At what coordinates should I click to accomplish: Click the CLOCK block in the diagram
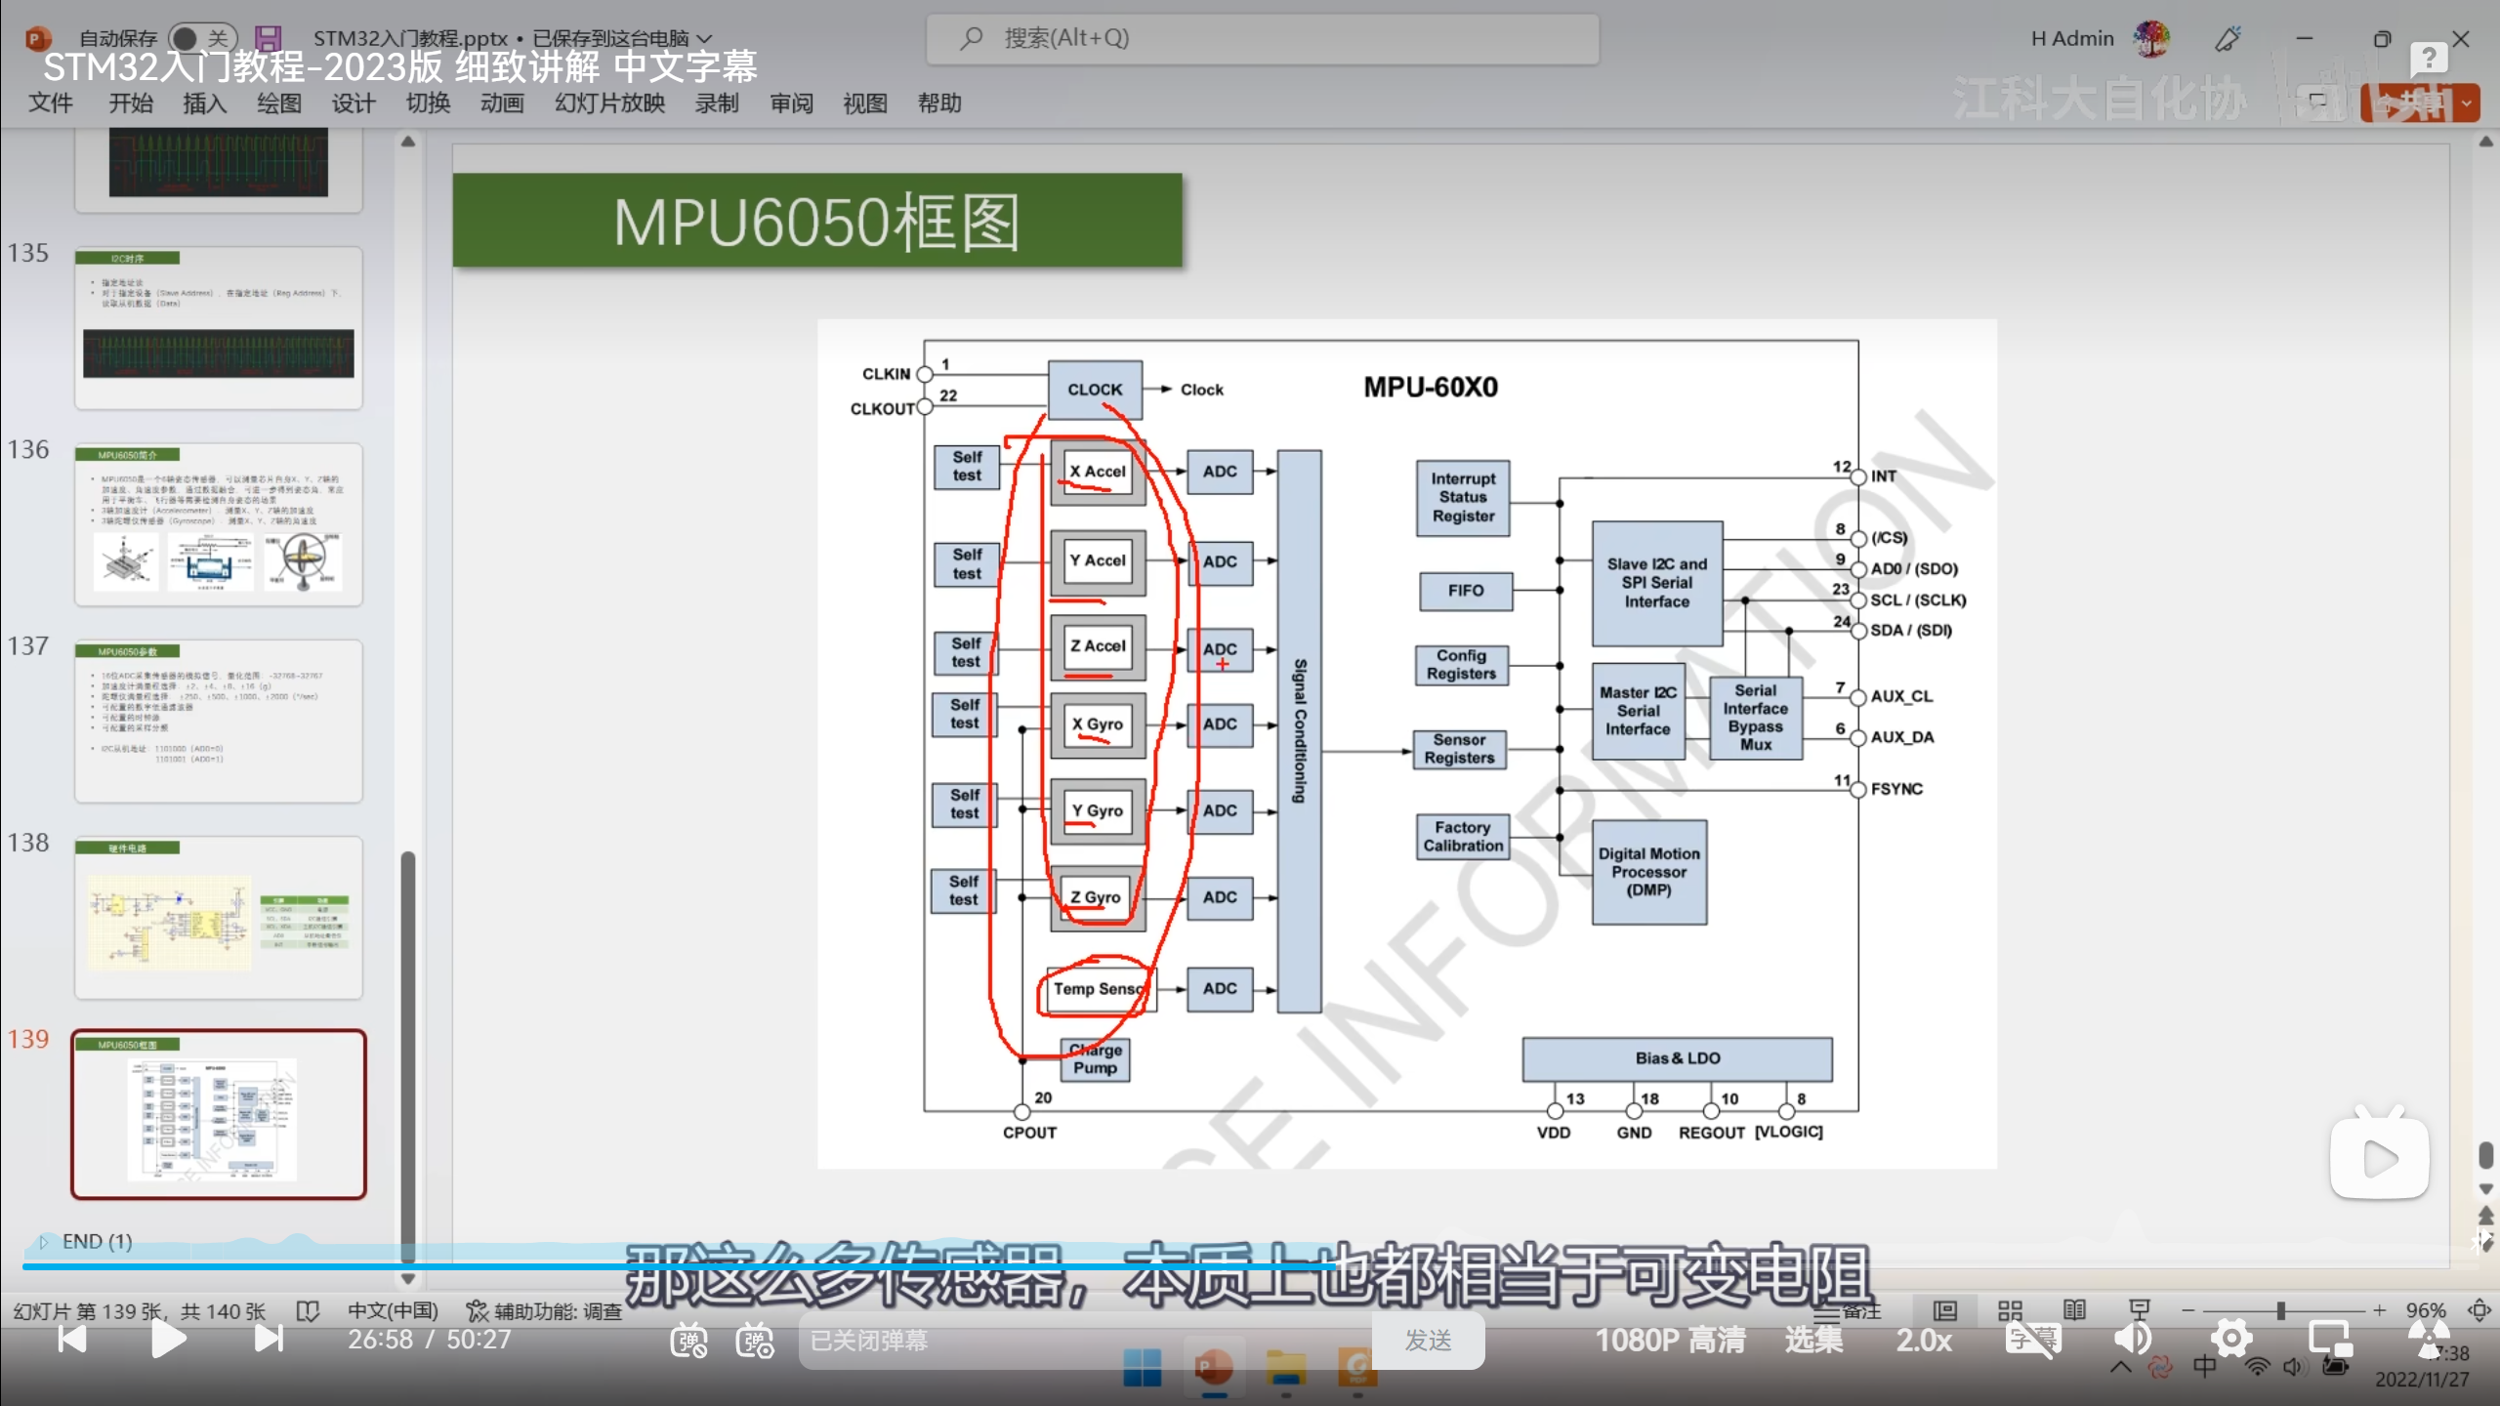pos(1095,390)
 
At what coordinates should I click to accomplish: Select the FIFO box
pos(1466,591)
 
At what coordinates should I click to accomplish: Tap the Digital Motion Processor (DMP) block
pos(1648,872)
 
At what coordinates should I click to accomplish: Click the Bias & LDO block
pos(1677,1058)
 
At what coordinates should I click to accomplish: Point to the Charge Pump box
pos(1096,1059)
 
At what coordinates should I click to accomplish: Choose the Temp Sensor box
pos(1098,989)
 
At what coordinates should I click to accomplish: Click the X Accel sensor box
pos(1098,472)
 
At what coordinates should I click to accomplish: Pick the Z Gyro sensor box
pos(1096,897)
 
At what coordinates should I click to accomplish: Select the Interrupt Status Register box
pos(1463,498)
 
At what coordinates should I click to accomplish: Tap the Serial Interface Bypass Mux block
pos(1755,718)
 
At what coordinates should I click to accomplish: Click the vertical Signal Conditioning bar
pos(1300,730)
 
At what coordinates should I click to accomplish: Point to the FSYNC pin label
pos(1896,789)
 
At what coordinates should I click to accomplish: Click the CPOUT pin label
pos(1029,1133)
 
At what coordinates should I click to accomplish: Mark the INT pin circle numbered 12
pos(1858,476)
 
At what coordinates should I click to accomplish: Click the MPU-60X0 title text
pos(1431,388)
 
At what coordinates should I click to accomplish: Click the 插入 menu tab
pos(204,103)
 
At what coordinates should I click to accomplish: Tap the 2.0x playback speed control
pos(1924,1340)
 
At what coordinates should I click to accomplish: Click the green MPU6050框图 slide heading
pos(816,221)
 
